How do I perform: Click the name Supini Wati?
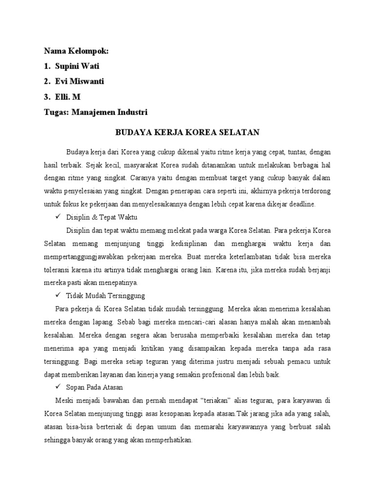[x=81, y=66]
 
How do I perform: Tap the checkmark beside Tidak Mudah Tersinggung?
[x=59, y=296]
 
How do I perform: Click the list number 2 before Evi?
[x=46, y=81]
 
